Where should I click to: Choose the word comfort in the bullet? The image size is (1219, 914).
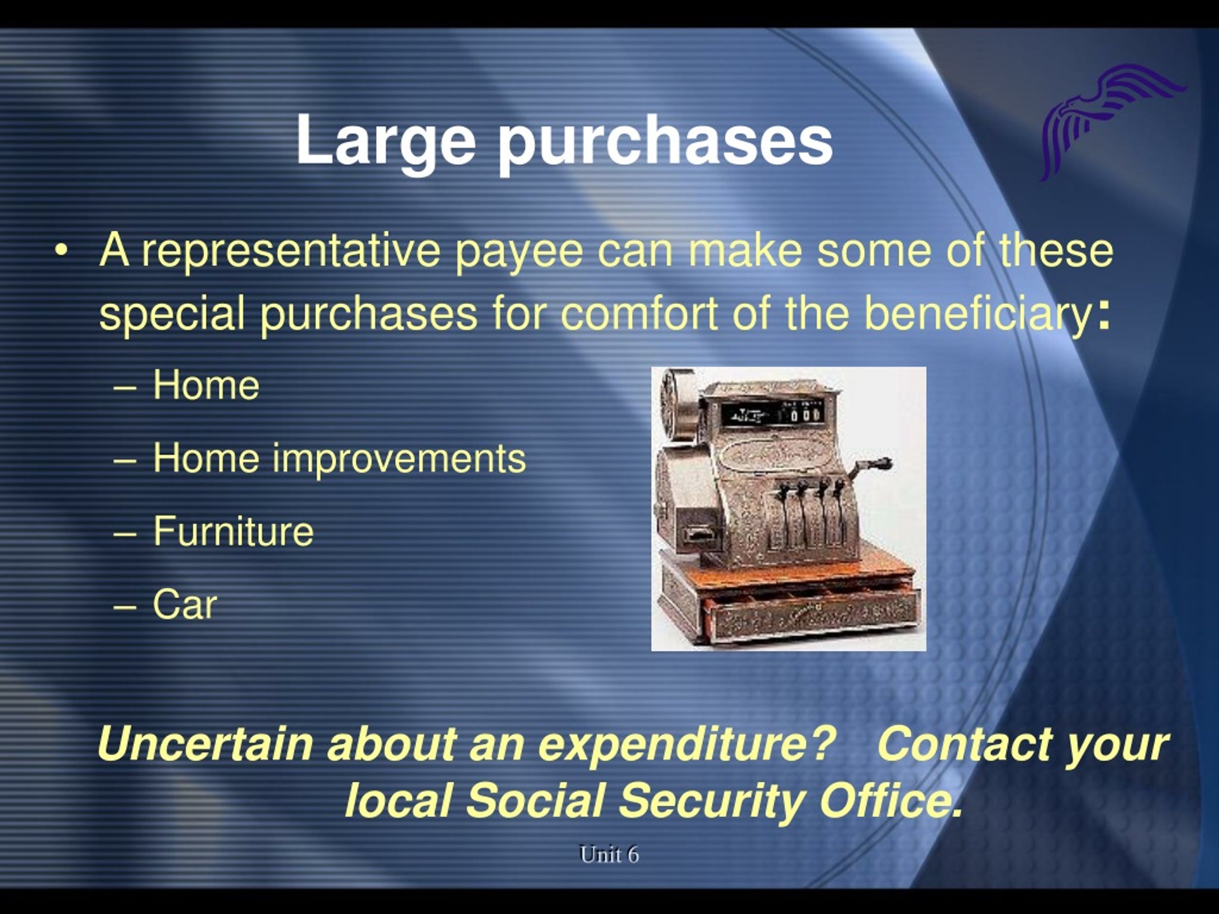(639, 314)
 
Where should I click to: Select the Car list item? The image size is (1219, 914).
(185, 605)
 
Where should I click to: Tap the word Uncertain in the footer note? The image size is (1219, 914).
(205, 744)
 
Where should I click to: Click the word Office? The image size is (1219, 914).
(890, 800)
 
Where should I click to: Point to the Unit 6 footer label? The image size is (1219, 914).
(609, 854)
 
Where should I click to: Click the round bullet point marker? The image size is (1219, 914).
(60, 251)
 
